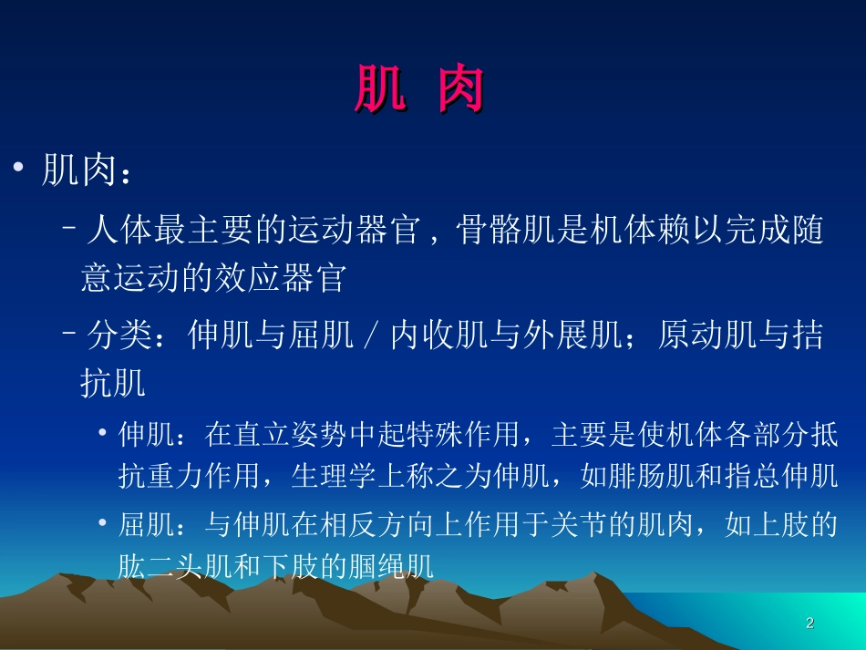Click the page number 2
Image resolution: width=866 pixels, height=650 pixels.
tap(809, 624)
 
